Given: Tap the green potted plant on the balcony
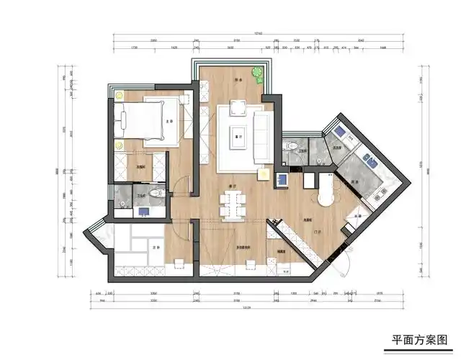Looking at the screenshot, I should pyautogui.click(x=256, y=73).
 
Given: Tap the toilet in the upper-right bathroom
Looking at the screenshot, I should pyautogui.click(x=291, y=145).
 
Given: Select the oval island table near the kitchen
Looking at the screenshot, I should pyautogui.click(x=326, y=192).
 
